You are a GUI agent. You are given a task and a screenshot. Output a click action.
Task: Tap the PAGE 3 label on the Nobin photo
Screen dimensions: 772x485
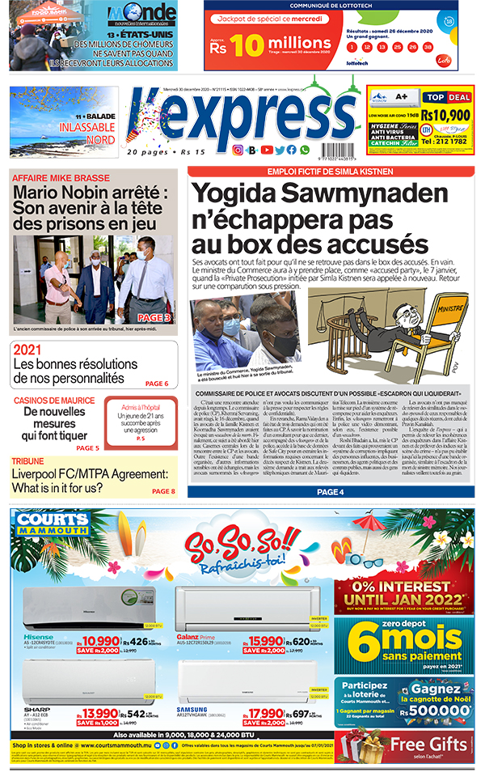(x=154, y=318)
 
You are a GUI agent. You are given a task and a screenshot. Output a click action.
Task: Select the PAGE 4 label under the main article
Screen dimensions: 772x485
(x=331, y=492)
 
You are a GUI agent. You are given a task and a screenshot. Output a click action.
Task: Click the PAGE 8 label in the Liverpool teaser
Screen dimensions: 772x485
(x=162, y=491)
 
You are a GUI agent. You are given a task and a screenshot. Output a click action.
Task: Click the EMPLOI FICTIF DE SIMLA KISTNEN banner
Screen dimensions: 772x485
(x=331, y=172)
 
